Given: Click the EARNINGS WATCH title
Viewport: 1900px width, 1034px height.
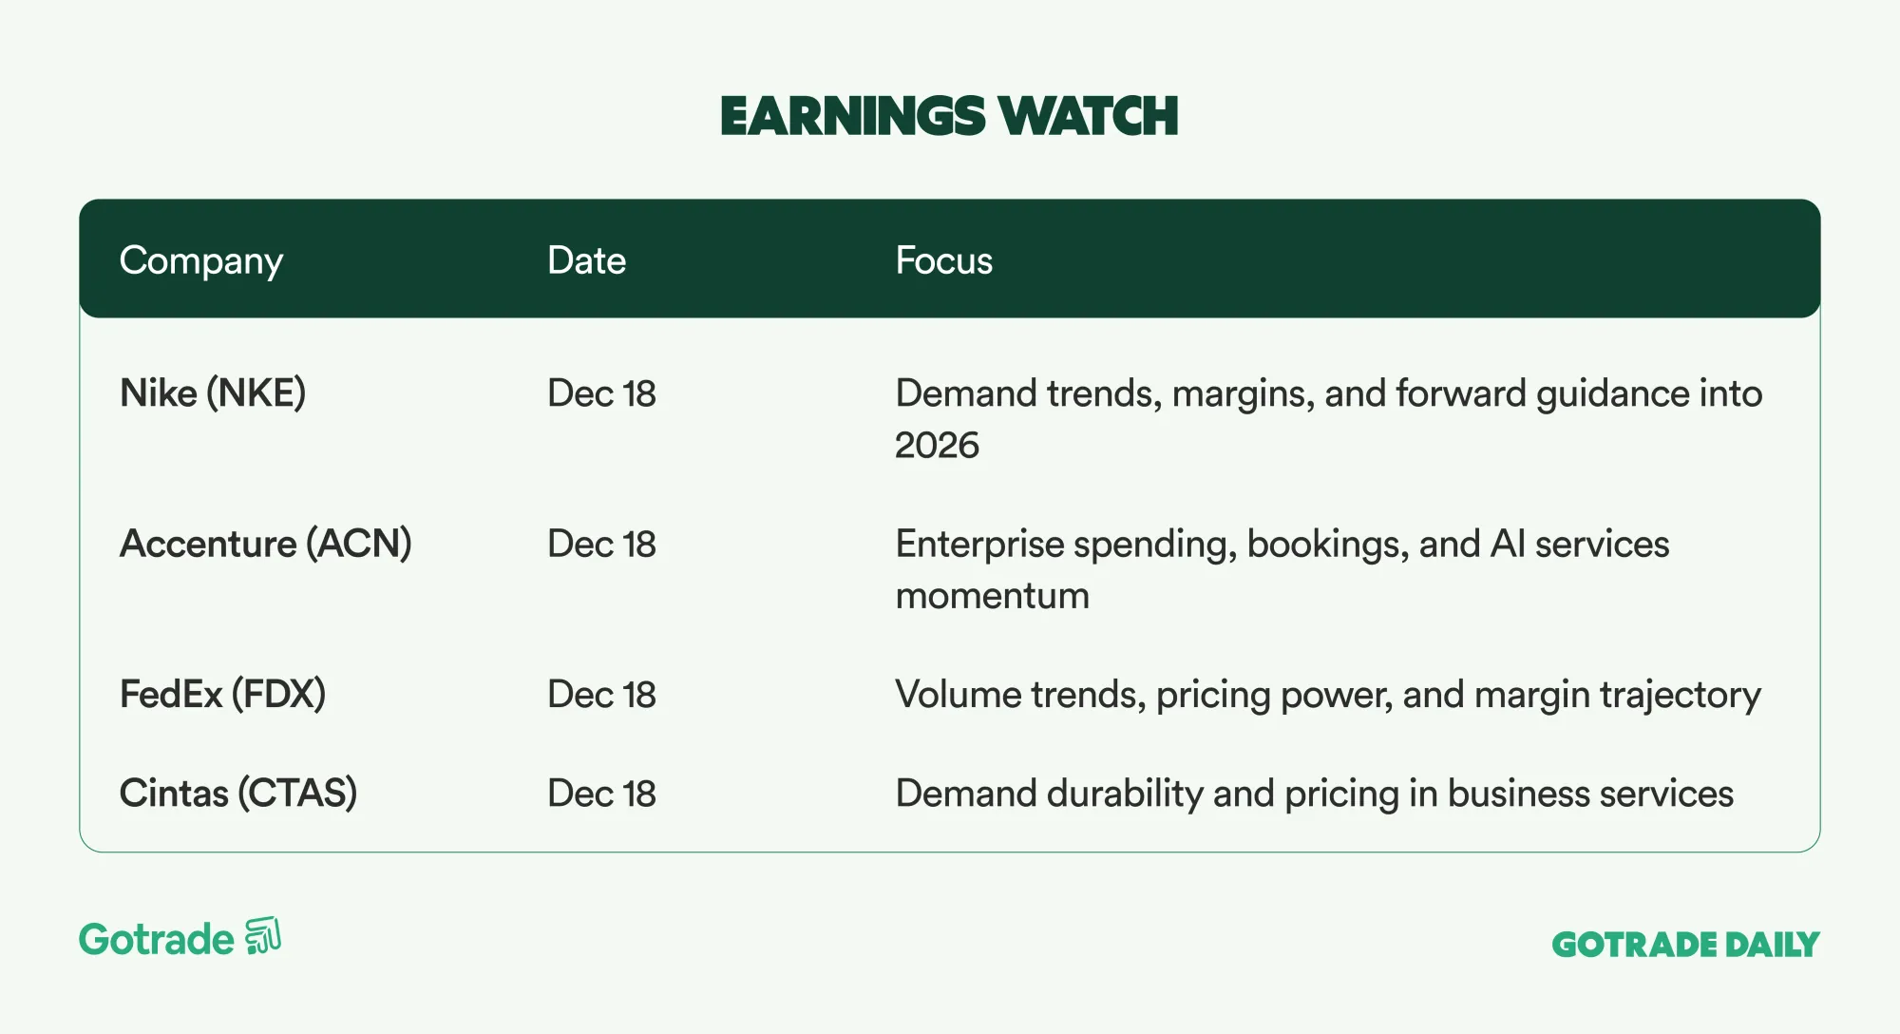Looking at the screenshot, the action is coord(949,116).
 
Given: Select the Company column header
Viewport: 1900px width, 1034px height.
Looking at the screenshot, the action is coord(201,261).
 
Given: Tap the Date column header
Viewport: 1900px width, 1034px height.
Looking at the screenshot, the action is coord(586,260).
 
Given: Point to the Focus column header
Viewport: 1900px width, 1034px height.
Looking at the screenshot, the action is coord(943,260).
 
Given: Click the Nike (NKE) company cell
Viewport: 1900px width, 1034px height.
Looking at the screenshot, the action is coord(213,393).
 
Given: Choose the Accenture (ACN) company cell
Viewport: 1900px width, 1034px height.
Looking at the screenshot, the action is coord(266,544).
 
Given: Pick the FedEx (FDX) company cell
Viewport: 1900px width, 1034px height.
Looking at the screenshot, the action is coord(222,694).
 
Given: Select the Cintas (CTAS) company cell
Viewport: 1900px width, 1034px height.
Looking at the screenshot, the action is coord(238,794).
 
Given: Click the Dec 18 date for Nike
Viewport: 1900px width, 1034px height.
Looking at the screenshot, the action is coord(601,393).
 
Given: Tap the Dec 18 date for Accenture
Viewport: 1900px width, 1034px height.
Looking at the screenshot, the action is coord(601,544).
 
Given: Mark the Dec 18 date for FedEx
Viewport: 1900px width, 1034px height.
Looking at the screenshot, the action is coord(601,695).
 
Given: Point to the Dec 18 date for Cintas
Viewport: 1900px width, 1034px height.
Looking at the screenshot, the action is coord(601,794).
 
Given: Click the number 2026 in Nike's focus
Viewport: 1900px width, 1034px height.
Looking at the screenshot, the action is coord(937,445).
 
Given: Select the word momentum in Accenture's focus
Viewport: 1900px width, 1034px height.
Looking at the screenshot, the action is coord(992,596).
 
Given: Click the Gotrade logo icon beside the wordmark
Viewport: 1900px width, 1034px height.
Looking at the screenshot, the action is coord(263,936).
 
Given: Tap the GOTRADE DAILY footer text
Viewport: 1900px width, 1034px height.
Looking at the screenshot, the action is coord(1685,944).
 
